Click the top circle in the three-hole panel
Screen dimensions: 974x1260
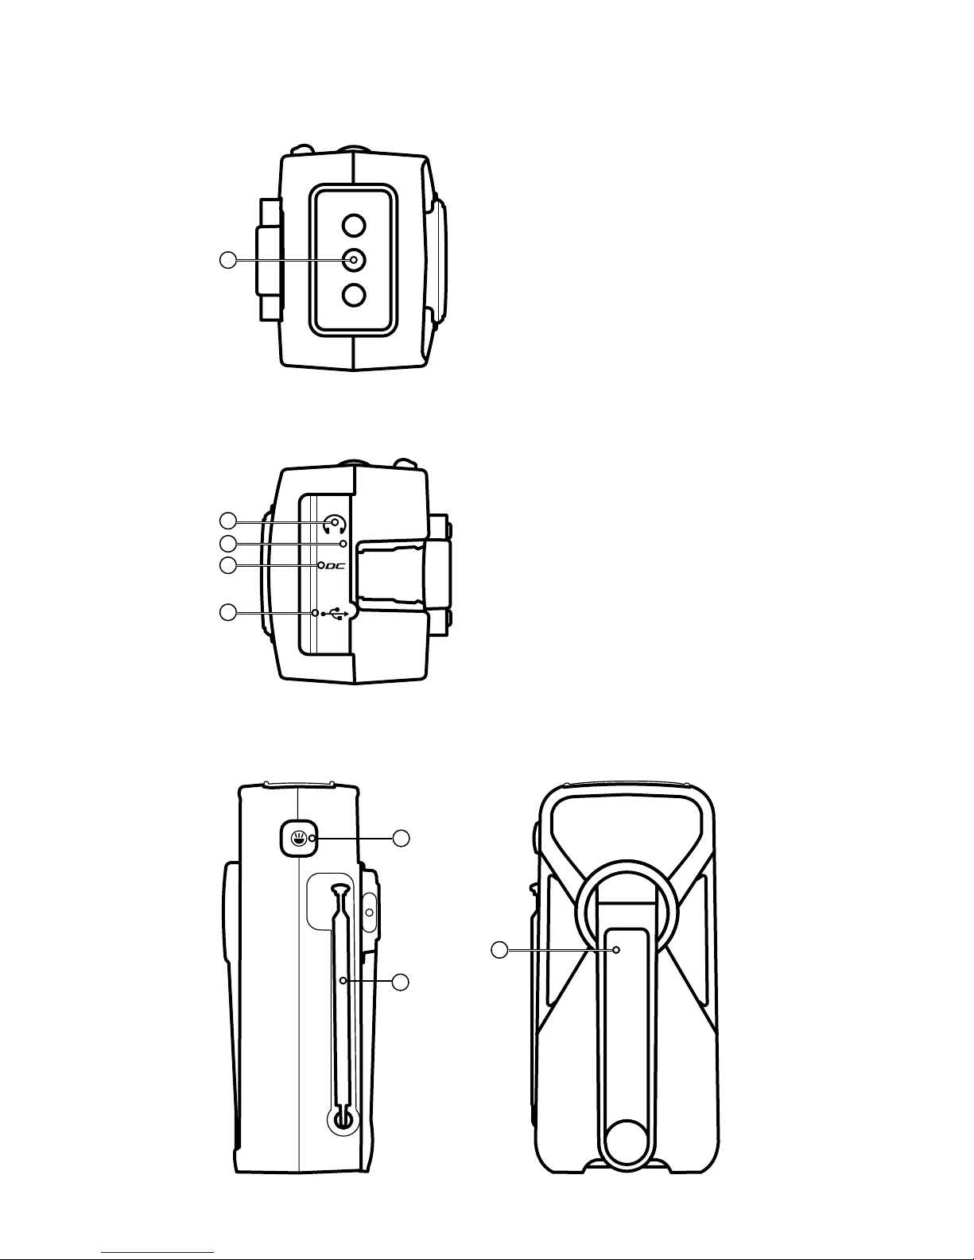(x=354, y=225)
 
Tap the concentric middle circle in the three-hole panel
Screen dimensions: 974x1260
(x=354, y=261)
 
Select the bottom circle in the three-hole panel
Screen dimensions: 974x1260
(x=354, y=295)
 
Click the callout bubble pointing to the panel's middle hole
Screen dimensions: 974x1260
(x=228, y=260)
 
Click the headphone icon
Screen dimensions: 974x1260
(x=335, y=525)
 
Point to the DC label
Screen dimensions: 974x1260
(x=336, y=565)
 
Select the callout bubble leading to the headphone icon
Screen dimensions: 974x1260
(x=228, y=521)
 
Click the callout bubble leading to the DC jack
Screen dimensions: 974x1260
(x=228, y=565)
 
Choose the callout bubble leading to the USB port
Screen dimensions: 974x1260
(x=228, y=612)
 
